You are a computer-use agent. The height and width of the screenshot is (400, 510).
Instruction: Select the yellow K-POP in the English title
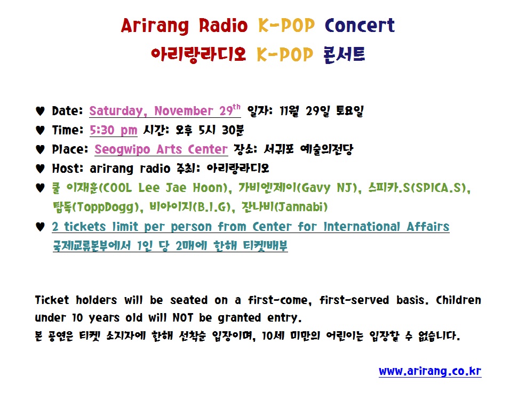tap(287, 26)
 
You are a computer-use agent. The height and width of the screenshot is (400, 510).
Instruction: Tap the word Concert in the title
tap(360, 26)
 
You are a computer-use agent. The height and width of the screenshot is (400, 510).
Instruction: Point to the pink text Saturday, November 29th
tap(165, 111)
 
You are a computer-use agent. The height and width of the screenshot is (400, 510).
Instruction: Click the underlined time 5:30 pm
tap(113, 130)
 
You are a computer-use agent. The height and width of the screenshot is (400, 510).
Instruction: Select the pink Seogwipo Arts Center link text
tap(161, 149)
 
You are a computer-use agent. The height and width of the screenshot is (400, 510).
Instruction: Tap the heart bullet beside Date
tap(39, 111)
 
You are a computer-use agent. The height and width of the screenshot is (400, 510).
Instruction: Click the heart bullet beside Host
tap(39, 169)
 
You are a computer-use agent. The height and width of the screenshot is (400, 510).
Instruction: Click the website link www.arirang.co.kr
tap(430, 371)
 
